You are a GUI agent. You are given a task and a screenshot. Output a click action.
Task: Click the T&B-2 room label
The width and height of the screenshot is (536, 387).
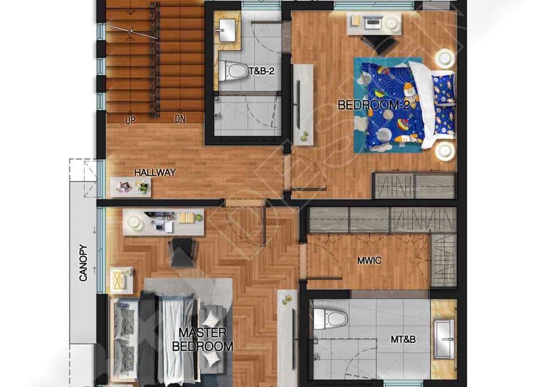point(262,71)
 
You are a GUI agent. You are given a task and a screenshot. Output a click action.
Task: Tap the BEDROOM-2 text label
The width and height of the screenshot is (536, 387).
point(373,105)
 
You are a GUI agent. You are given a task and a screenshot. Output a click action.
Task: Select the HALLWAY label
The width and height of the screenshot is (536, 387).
point(155,172)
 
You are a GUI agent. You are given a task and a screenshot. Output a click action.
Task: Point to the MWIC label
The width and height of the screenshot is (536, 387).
point(369,261)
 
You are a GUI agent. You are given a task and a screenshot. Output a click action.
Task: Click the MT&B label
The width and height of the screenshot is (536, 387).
point(403,339)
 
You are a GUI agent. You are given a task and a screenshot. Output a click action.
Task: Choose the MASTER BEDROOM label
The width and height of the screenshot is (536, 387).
point(202,339)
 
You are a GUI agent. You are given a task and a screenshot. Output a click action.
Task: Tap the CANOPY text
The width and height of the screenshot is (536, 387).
point(83,263)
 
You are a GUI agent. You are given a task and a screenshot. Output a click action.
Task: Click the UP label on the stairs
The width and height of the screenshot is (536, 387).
point(130,120)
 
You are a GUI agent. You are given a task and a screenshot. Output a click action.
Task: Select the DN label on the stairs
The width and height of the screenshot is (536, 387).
point(180,119)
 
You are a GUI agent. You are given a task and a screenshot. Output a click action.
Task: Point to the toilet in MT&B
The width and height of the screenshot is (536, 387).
point(330,319)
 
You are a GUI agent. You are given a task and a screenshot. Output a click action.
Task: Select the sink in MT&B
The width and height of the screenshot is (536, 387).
point(444,339)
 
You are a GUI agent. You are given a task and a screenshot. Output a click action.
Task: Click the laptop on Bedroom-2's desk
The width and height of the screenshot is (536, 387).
point(373,23)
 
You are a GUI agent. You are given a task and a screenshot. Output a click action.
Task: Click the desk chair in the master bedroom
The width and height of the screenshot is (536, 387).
point(183,252)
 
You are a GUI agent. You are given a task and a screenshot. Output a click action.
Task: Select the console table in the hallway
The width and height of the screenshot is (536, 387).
point(130,188)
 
